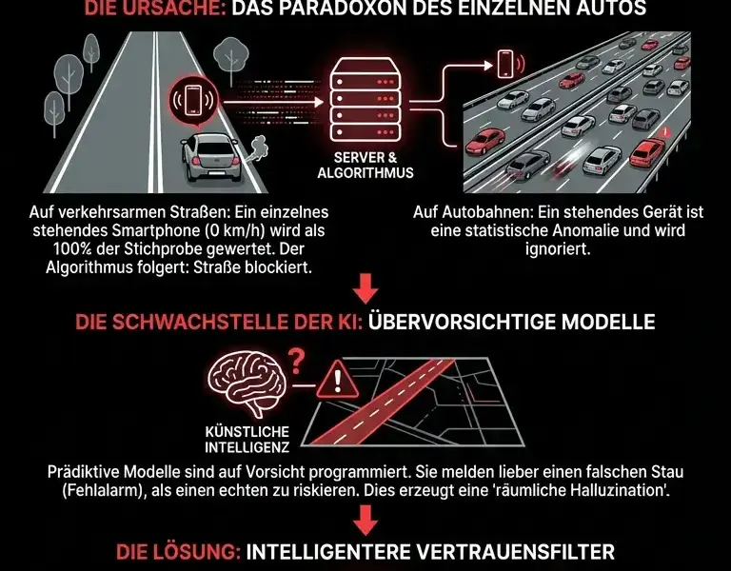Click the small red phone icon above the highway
[504, 65]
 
